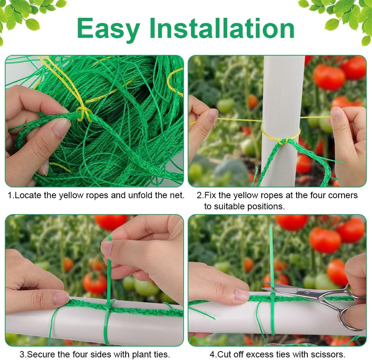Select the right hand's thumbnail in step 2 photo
(x=336, y=113)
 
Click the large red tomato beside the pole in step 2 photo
(x=329, y=77)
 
